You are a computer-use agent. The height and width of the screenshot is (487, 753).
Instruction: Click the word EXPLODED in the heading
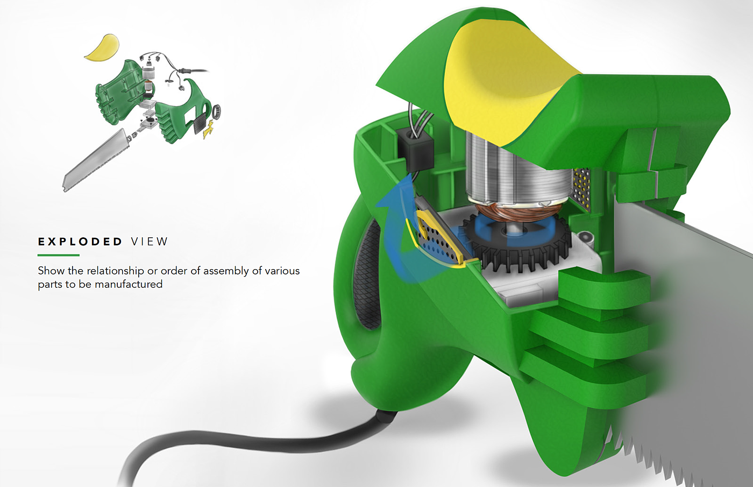pyautogui.click(x=80, y=242)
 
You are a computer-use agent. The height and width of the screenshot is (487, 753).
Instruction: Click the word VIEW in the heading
pyautogui.click(x=150, y=242)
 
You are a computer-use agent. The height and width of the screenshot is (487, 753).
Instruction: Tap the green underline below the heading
pyautogui.click(x=59, y=255)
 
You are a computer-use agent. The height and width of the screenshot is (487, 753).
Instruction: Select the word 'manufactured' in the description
pyautogui.click(x=129, y=284)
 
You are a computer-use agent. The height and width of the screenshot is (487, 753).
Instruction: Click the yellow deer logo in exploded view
pyautogui.click(x=208, y=130)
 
